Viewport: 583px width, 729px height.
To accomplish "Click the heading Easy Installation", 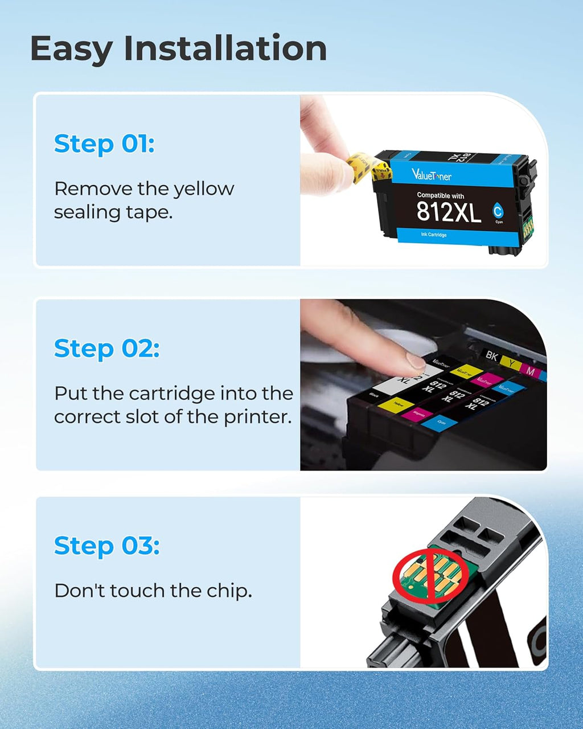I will click(178, 49).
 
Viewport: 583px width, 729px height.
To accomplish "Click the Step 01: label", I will click(104, 144).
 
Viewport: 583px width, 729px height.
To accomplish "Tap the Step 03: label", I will click(106, 545).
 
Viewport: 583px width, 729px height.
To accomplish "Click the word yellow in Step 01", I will click(203, 189).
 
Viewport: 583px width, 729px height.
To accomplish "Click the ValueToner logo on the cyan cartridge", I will click(431, 174).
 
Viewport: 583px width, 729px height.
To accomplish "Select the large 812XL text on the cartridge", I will click(449, 212).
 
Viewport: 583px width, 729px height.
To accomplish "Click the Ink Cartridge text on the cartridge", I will click(434, 235).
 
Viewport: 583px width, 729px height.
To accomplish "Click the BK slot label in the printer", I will click(492, 355).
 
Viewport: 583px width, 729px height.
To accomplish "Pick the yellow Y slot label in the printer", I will click(512, 363).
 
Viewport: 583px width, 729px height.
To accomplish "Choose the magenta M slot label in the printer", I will click(530, 371).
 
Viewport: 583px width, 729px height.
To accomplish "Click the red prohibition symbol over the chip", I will click(430, 575).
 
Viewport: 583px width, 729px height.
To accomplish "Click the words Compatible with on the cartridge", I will click(440, 195).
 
